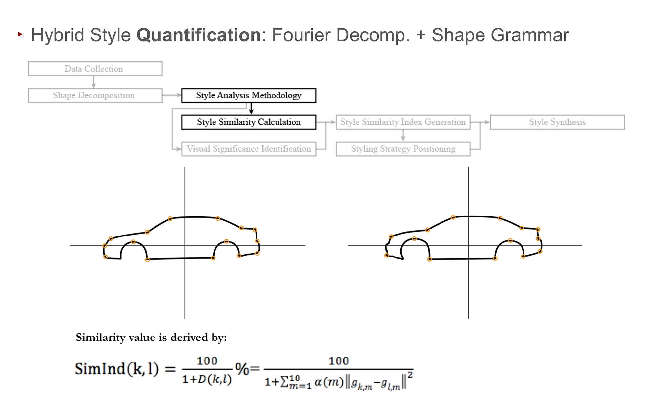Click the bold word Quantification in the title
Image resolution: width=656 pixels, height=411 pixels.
(x=198, y=35)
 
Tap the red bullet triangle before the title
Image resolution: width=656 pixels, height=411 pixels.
(x=20, y=34)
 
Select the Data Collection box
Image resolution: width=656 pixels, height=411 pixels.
(x=95, y=69)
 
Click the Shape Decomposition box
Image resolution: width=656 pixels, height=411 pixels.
(x=95, y=95)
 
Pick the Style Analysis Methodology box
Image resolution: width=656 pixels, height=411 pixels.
(x=249, y=95)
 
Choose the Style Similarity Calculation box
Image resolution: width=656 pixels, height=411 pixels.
(x=249, y=122)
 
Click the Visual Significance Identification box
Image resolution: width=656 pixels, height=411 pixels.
(x=249, y=149)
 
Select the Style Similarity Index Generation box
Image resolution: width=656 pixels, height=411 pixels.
(x=403, y=122)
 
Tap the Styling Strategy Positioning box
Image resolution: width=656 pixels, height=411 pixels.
(x=403, y=149)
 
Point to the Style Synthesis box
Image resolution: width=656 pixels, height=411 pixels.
(x=557, y=122)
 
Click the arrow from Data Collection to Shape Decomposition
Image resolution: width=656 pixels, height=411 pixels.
(x=94, y=82)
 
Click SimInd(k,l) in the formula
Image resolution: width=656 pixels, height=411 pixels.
(x=117, y=369)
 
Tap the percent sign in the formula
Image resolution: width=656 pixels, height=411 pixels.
(x=242, y=369)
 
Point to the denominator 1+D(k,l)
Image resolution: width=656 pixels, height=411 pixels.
(x=207, y=380)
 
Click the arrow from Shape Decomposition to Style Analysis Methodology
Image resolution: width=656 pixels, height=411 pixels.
(x=172, y=95)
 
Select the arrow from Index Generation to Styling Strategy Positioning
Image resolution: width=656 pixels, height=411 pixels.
(x=403, y=135)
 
